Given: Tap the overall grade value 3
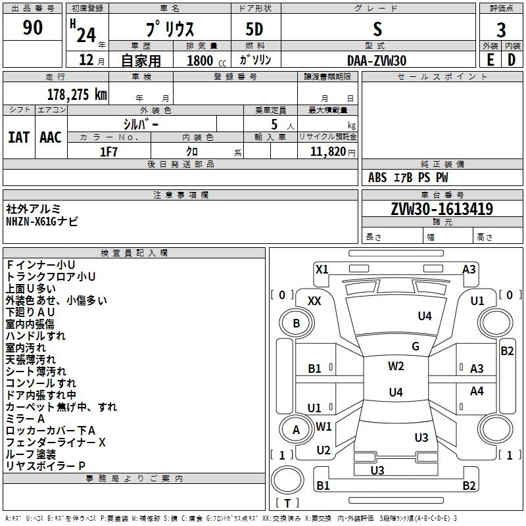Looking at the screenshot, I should coord(501,30).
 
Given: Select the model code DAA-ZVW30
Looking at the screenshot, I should coord(377,60).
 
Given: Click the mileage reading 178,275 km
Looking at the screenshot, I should coord(77,94).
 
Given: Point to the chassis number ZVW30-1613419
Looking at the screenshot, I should coord(442,210).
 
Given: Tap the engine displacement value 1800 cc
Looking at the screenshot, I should coord(201,60).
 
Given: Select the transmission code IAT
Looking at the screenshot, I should coord(19,137).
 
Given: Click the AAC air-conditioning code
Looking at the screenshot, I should coord(51,137).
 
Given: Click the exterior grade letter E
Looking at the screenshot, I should coord(490,60).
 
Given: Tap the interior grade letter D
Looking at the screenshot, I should coord(512,60).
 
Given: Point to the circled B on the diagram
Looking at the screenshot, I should coord(296,323).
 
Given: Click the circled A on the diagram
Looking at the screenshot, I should coord(296,430).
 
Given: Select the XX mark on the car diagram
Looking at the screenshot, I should coord(314,300).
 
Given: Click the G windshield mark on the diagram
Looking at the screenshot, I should coord(416,347).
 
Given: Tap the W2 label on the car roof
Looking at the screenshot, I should coord(396,366).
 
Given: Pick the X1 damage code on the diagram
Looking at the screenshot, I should coord(322,269).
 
